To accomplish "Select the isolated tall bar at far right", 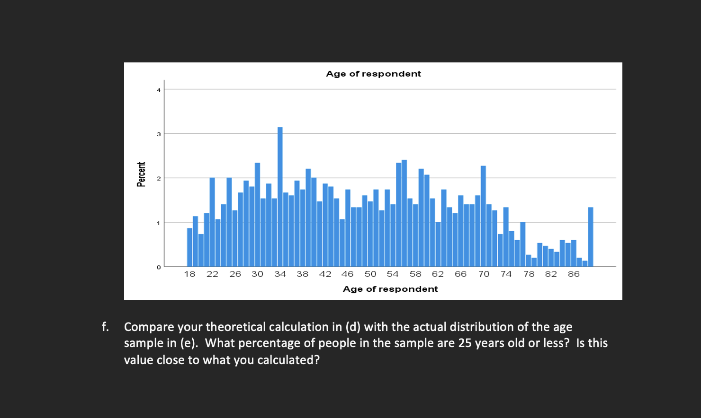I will tap(591, 236).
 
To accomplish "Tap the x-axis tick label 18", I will tap(189, 274).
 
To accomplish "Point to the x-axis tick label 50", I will tap(370, 274).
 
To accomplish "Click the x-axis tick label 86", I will tap(574, 274).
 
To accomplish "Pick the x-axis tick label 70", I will tap(484, 274).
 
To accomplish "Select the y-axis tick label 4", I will tap(159, 90).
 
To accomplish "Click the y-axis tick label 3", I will tap(159, 134).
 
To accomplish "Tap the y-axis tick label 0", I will tap(159, 267).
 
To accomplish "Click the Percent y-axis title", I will tap(141, 174).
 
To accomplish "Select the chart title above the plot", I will tap(373, 74).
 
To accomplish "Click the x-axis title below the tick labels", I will tap(390, 289).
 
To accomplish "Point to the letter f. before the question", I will tap(105, 327).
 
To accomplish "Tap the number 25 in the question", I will tap(465, 343).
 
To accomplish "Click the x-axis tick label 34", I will tap(280, 274).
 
